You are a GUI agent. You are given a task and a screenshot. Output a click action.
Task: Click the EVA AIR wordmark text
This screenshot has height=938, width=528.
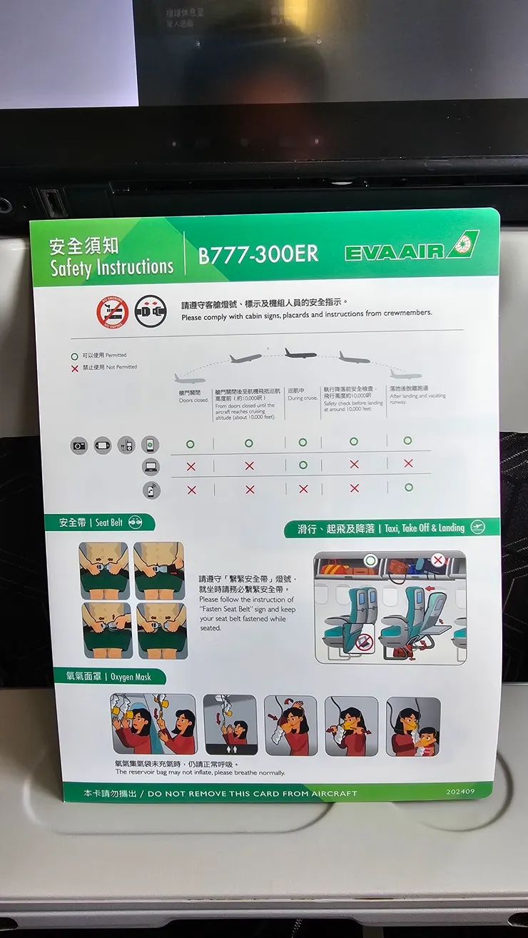click(x=395, y=251)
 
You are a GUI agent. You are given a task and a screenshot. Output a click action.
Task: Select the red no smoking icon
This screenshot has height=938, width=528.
click(x=112, y=311)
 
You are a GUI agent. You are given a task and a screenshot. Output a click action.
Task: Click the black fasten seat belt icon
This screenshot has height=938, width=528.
click(x=151, y=311)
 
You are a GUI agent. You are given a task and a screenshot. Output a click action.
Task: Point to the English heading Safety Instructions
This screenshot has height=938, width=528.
click(x=112, y=268)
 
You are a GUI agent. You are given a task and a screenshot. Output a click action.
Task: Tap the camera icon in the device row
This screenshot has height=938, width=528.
click(x=79, y=445)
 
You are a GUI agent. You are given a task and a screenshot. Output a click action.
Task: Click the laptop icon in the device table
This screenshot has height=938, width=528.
click(x=151, y=467)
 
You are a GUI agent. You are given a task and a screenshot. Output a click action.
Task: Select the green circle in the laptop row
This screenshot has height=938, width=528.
click(x=303, y=465)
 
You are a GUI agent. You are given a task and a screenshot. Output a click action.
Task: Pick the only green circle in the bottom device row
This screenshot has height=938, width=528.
click(x=408, y=488)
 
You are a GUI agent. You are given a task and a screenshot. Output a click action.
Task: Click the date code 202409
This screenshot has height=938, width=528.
click(x=460, y=791)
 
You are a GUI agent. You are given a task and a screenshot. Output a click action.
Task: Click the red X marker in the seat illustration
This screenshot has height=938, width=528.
click(x=438, y=560)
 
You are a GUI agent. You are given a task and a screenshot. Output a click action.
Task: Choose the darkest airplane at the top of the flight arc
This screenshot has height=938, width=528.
click(x=300, y=353)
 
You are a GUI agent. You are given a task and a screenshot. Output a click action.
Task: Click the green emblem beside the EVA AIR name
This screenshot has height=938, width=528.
click(x=463, y=245)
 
